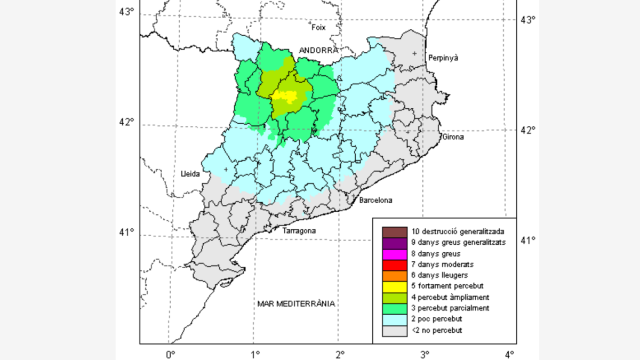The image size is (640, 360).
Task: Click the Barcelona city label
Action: (375, 201)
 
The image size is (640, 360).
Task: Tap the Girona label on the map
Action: (453, 137)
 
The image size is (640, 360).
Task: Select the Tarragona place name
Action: (299, 231)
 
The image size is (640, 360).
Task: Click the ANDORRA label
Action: (318, 50)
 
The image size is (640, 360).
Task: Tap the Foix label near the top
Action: (318, 27)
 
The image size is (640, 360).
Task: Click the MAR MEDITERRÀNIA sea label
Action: (296, 303)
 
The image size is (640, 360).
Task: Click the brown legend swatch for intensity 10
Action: (390, 231)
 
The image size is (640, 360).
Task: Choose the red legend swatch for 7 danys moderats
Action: (390, 265)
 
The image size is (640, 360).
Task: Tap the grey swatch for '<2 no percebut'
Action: (390, 331)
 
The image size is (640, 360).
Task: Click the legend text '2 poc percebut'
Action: (437, 319)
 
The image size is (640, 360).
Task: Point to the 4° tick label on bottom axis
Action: (509, 353)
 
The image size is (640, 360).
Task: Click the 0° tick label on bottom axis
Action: (170, 353)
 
